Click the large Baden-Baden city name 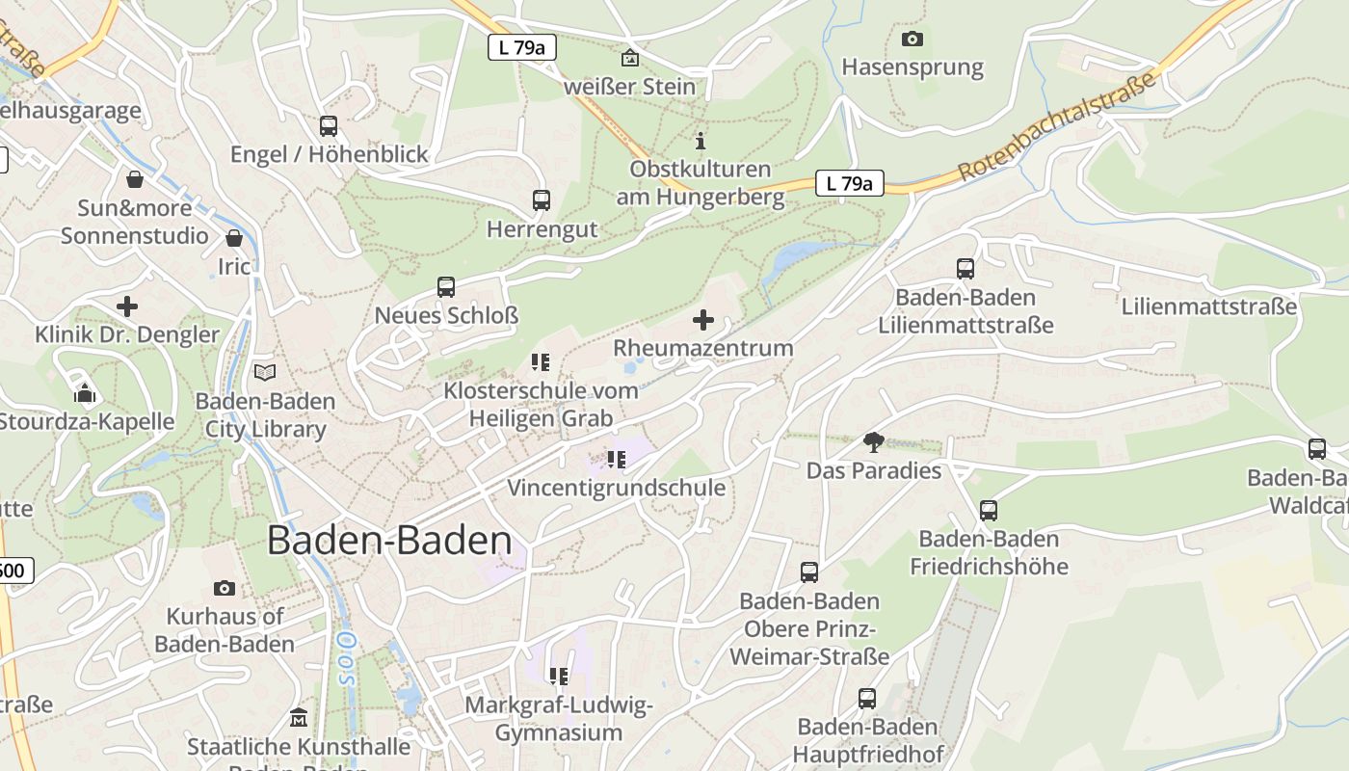tap(389, 540)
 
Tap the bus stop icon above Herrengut tap(542, 200)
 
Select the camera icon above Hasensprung tap(912, 40)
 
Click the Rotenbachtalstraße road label tap(1057, 129)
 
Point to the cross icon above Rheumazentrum tap(703, 320)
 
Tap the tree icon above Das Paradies tap(874, 442)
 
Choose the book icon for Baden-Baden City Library tap(264, 372)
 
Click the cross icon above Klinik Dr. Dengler tap(127, 307)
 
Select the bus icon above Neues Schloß tap(445, 286)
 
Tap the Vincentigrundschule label tap(617, 488)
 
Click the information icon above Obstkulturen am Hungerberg tap(701, 141)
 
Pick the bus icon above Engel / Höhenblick tap(329, 125)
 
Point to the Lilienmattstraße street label tap(1209, 306)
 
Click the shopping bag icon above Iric tap(234, 238)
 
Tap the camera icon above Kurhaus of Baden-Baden tap(225, 588)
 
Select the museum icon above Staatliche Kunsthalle tap(299, 718)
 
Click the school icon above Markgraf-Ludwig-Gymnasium tap(558, 677)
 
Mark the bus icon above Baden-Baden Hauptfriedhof tap(867, 699)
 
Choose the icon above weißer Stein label tap(629, 58)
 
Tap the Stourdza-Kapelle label tap(87, 421)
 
